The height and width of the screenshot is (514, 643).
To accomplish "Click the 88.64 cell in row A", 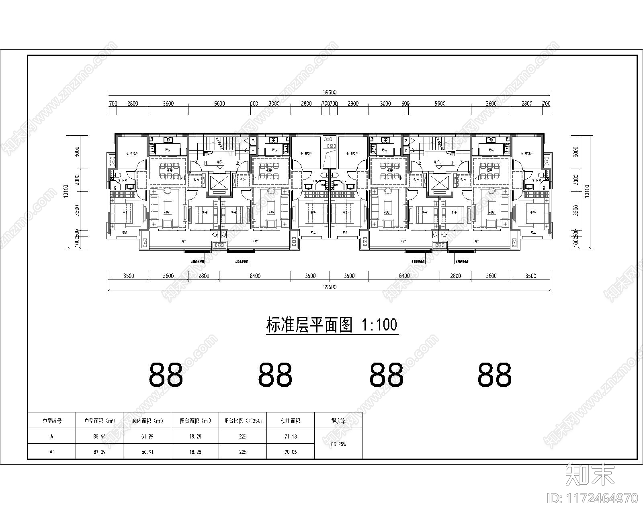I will pos(99,436).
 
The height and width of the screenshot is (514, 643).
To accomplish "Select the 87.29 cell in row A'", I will pos(99,452).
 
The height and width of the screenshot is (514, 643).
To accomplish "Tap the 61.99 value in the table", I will pos(147,436).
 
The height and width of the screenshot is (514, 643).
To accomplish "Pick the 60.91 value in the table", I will pos(147,452).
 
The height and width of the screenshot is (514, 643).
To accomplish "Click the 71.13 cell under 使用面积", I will pos(290,436).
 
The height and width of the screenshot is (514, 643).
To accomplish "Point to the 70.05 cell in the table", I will pos(290,452).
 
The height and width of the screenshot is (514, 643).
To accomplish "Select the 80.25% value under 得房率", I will pos(338,444).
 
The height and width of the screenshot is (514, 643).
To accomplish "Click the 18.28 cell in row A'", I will pos(195,452).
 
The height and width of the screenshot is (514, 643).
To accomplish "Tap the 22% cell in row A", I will pos(242,436).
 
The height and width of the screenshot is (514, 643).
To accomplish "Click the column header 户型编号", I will pos(52,421).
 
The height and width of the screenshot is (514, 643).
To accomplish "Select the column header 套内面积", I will pos(147,421).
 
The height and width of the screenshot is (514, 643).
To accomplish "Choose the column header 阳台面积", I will pos(195,421).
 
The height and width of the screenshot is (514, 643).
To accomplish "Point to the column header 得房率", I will pos(338,421).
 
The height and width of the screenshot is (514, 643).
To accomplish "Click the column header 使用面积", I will pos(290,421).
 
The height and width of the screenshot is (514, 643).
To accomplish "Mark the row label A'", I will pos(52,452).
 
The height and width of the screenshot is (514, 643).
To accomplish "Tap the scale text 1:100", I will pos(379,324).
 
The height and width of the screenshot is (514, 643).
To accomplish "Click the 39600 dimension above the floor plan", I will pos(330,92).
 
